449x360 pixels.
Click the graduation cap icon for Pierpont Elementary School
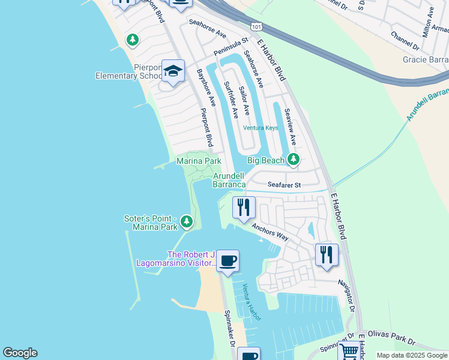pos(173,72)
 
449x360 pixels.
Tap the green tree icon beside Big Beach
pos(293,160)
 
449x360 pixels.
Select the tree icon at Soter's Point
pos(187,223)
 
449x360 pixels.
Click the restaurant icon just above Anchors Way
pos(244,208)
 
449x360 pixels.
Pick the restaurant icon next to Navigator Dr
pos(327,254)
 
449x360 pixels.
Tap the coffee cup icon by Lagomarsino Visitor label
pos(228,261)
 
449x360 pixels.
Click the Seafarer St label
pos(283,185)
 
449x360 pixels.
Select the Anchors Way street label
pos(270,233)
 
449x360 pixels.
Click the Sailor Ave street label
pos(244,101)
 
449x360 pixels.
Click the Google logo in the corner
pos(20,353)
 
